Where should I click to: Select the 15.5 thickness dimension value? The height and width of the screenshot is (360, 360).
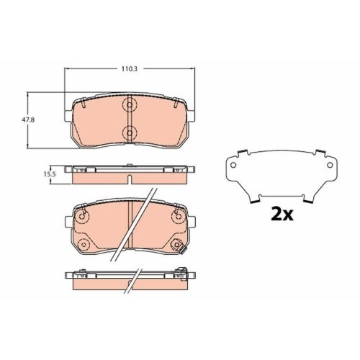pos(50,174)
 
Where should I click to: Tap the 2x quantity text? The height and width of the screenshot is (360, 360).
pos(282,215)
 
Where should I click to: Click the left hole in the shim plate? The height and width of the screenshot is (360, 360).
pos(233,165)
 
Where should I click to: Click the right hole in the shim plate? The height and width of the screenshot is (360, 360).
pos(330,165)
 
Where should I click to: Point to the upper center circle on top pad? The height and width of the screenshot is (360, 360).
pos(130,105)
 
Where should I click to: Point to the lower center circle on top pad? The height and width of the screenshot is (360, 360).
pos(130,132)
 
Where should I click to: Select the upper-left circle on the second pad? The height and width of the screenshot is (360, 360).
pos(82,217)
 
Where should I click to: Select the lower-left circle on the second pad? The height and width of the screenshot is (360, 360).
pos(84,245)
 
